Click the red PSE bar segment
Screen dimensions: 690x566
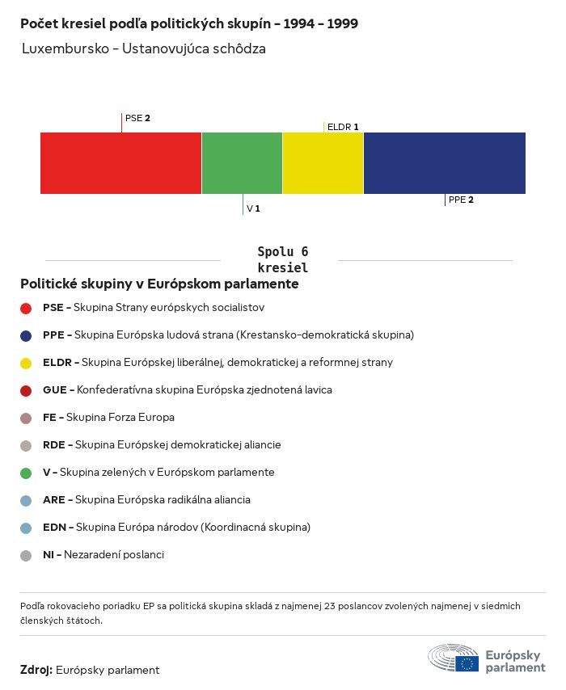click(x=120, y=163)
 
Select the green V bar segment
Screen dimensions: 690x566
click(x=242, y=163)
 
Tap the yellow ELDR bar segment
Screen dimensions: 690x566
click(x=323, y=163)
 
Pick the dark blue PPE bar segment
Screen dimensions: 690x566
click(x=444, y=163)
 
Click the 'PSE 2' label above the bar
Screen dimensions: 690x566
click(x=137, y=118)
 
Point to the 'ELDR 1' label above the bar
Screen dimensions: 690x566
click(x=343, y=127)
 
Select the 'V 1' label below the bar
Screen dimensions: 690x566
click(x=253, y=208)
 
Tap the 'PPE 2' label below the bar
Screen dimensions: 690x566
click(x=461, y=200)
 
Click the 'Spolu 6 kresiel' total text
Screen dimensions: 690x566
click(x=282, y=259)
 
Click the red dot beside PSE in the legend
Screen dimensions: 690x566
click(x=26, y=308)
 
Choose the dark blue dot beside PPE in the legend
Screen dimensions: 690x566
click(x=26, y=335)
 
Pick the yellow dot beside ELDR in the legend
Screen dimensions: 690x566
click(x=26, y=363)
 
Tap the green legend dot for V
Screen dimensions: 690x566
click(x=26, y=473)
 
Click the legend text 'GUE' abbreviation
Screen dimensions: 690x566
click(x=53, y=389)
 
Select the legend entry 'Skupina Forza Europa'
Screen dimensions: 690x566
click(x=120, y=417)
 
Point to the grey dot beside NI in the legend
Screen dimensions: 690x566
click(x=26, y=555)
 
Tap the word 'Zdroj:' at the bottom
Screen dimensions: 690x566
click(x=36, y=670)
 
